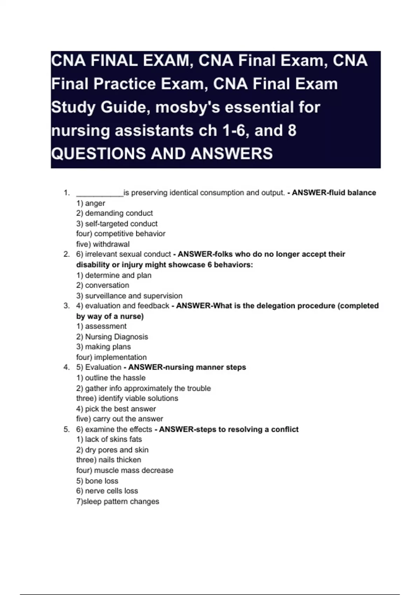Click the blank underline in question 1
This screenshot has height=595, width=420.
(x=100, y=193)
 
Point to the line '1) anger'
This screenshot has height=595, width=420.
(x=91, y=203)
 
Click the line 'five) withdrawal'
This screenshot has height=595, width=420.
(x=103, y=244)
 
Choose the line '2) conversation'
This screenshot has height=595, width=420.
(x=103, y=285)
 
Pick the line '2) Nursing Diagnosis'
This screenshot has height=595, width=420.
(x=112, y=337)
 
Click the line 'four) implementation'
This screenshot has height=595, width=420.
(x=111, y=357)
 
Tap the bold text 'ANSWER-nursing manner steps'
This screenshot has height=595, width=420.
(x=187, y=367)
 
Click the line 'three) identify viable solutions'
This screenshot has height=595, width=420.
(x=127, y=398)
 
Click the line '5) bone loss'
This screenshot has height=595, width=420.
(x=97, y=481)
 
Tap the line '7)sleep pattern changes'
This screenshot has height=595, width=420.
(x=118, y=502)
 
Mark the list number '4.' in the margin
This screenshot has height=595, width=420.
(x=66, y=367)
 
